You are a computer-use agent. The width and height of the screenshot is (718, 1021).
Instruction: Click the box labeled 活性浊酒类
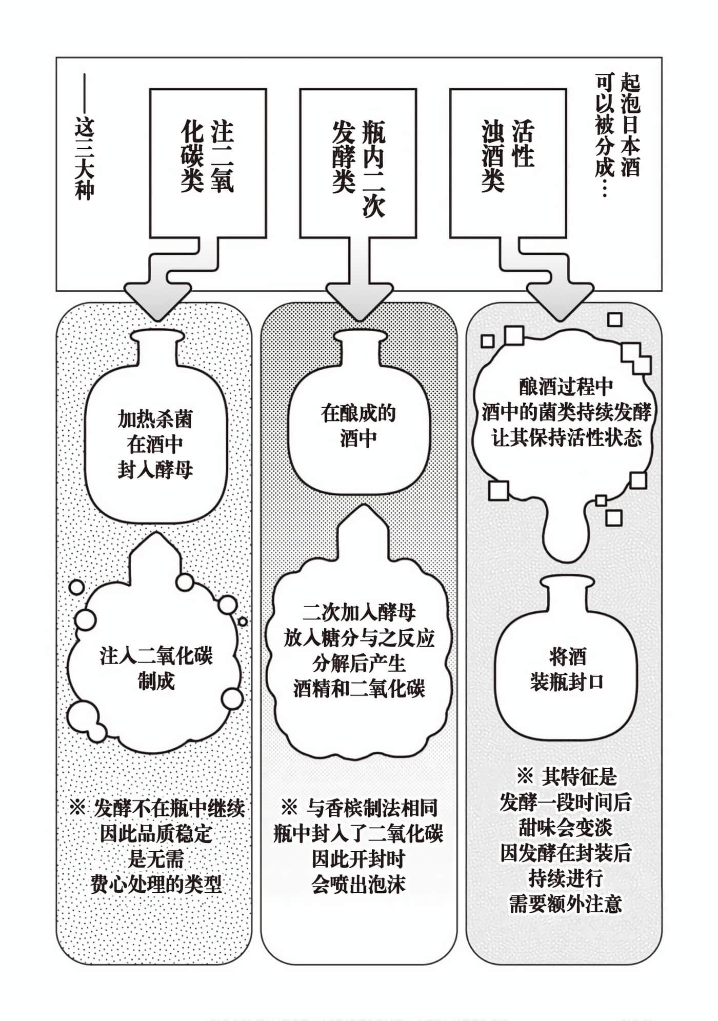coord(508,163)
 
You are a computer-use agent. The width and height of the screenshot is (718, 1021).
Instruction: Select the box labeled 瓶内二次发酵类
coord(357,163)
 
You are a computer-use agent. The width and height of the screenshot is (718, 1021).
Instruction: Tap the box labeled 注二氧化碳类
coord(208,163)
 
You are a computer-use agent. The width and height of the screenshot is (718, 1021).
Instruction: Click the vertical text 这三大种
coord(85,159)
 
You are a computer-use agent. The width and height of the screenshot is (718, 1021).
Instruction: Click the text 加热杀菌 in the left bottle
coord(155,419)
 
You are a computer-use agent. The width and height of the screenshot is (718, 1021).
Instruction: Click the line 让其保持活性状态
coord(566,438)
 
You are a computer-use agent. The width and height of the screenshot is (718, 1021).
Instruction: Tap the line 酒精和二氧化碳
coord(358,689)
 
